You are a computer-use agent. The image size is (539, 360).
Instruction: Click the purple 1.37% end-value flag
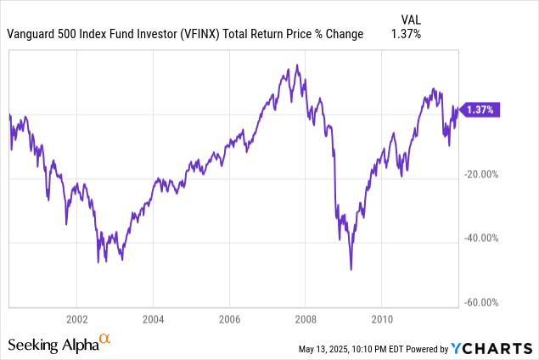[x=480, y=110]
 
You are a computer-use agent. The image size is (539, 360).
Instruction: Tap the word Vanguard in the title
[x=32, y=34]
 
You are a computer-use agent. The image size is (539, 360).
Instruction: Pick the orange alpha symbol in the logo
[x=105, y=340]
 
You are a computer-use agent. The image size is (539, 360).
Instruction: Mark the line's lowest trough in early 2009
[x=351, y=269]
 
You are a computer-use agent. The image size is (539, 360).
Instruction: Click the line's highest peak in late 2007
[x=296, y=65]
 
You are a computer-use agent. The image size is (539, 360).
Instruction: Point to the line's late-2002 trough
[x=98, y=262]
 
